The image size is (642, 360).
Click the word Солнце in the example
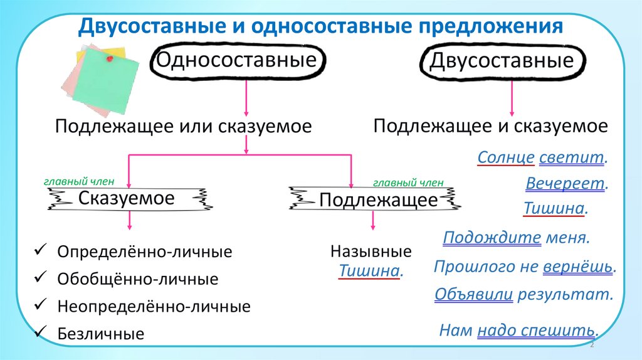(506, 157)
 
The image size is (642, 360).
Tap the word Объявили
(474, 294)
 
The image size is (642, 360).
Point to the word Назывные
(371, 252)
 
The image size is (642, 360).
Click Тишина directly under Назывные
(369, 272)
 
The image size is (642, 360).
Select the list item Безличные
(100, 334)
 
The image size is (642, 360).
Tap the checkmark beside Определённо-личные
(38, 250)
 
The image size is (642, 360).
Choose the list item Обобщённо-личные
(137, 279)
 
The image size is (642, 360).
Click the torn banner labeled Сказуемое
(126, 199)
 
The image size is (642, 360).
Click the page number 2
(592, 346)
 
